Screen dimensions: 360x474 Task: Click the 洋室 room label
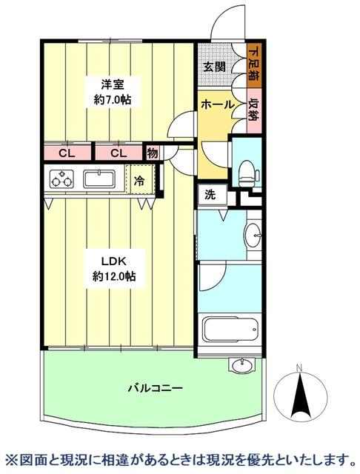113,84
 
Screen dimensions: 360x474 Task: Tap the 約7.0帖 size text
113,99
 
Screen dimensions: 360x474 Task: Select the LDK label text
113,261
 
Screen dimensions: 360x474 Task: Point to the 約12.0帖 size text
113,276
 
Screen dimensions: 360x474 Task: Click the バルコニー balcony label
155,387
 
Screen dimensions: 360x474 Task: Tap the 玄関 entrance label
214,67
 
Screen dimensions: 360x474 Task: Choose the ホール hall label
217,104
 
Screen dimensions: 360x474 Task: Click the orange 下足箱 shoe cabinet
253,65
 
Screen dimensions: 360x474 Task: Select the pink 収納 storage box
253,110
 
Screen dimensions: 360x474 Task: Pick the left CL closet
67,153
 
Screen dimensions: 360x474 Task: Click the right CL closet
119,153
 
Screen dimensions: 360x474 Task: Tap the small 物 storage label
153,153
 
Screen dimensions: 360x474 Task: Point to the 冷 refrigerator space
140,181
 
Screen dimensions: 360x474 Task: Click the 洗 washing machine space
210,195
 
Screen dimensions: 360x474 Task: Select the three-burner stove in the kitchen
61,178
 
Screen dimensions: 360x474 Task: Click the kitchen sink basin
99,179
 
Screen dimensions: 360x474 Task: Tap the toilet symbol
248,173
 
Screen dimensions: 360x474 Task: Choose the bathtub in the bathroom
231,329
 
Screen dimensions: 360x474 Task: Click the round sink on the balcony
241,365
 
